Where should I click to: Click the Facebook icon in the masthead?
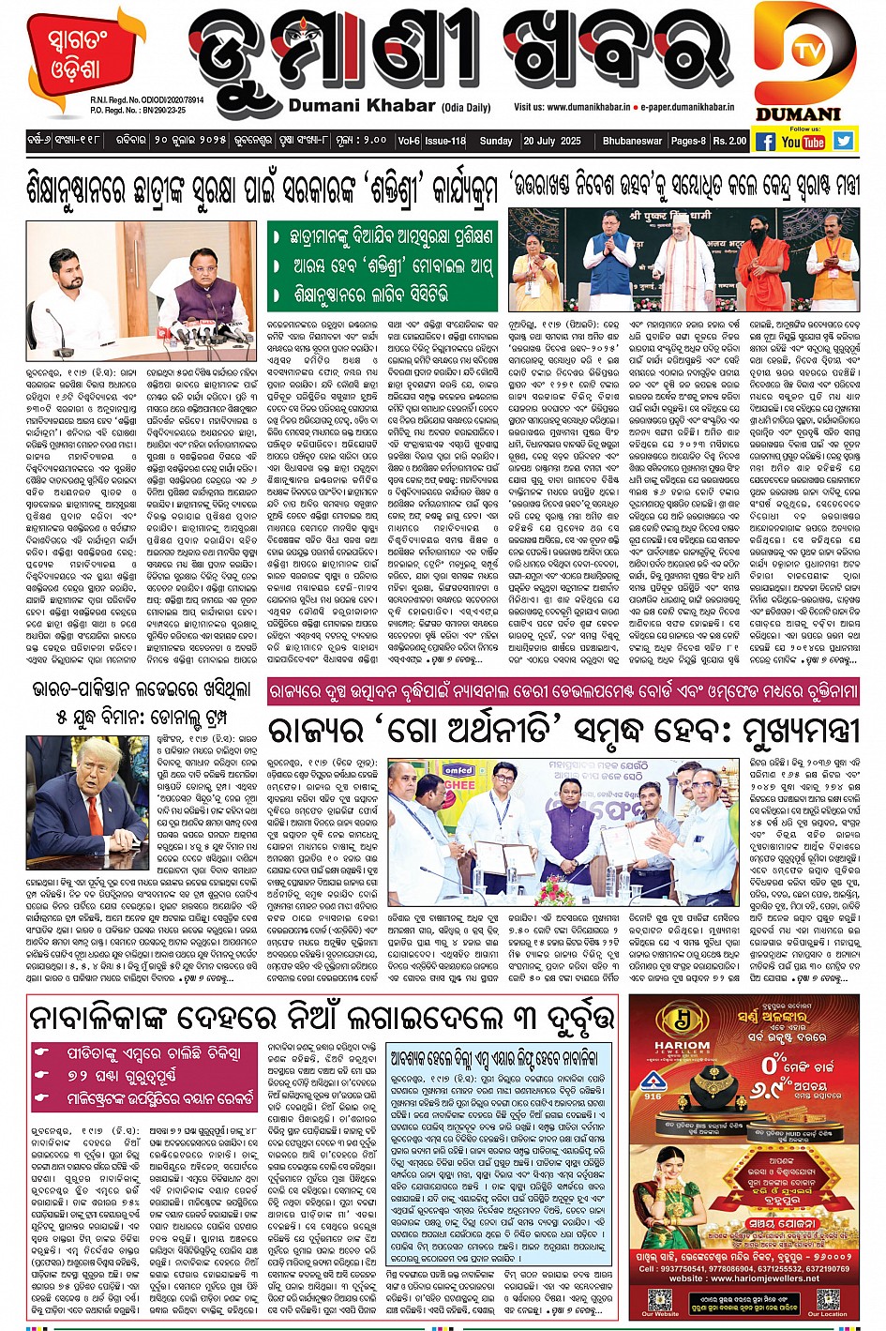[765, 142]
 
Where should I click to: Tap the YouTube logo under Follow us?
[803, 142]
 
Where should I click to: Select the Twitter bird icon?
[844, 141]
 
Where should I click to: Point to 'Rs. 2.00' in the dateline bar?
[729, 141]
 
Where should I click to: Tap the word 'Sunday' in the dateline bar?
[496, 141]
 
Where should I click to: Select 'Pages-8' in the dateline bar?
[687, 141]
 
